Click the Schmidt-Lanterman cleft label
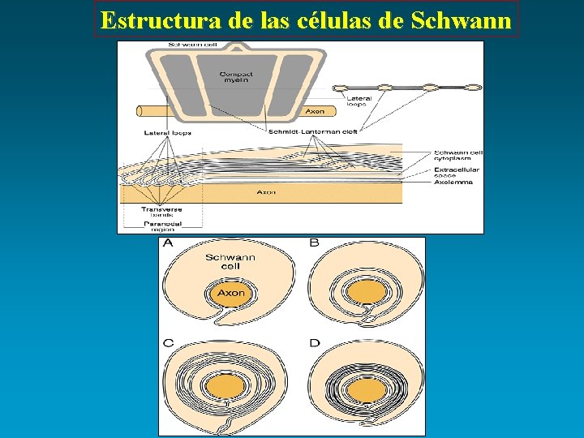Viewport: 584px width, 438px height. coord(313,131)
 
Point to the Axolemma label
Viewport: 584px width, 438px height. coord(453,182)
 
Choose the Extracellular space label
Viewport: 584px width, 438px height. coord(456,173)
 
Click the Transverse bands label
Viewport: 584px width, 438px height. coord(161,211)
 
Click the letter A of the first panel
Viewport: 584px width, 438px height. coord(168,243)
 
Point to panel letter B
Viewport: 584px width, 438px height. coord(314,243)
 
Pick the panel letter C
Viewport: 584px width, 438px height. coord(168,343)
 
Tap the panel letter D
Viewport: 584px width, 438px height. coord(314,343)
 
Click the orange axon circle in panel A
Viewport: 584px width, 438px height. coord(230,293)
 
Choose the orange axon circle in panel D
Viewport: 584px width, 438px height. coord(367,390)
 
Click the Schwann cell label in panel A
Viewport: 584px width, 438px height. coord(230,262)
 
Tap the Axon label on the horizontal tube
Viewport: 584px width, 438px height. coord(315,111)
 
